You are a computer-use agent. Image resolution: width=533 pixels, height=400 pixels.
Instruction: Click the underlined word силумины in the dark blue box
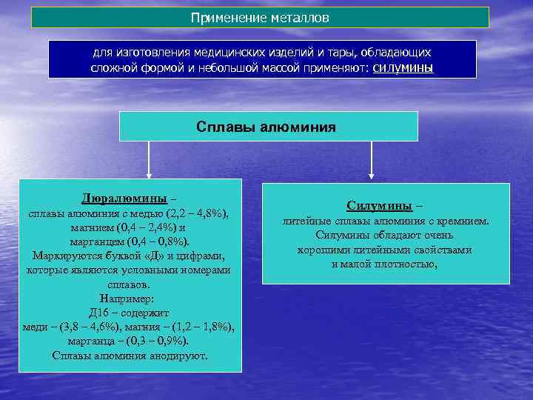tap(403, 68)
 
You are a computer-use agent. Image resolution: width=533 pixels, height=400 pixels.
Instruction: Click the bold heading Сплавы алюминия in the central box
tap(266, 127)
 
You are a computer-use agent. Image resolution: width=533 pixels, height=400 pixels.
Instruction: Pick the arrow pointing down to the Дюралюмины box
tap(150, 160)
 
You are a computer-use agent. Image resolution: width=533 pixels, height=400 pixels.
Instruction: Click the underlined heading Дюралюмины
tap(124, 199)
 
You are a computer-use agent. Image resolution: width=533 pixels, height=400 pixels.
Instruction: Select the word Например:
tap(129, 299)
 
